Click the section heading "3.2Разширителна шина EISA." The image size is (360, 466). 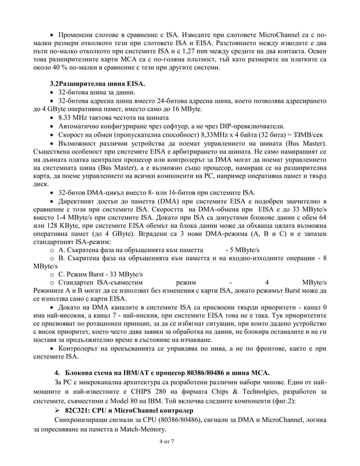pyautogui.click(x=98, y=83)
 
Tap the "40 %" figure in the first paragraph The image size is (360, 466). pyautogui.click(x=60, y=68)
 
